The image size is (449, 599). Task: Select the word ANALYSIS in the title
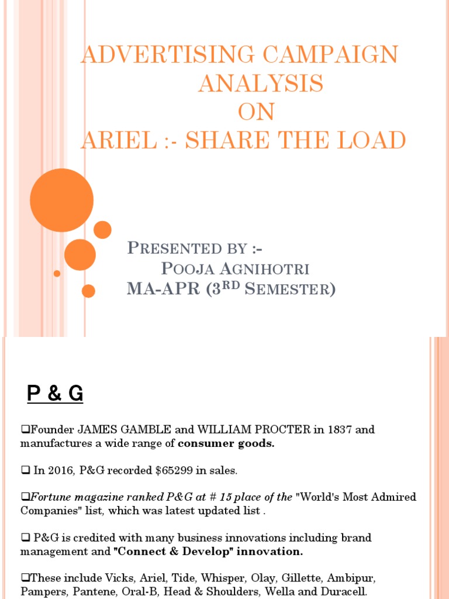pyautogui.click(x=260, y=84)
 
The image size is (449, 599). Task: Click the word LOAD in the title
pyautogui.click(x=371, y=140)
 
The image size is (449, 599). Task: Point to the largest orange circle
pyautogui.click(x=61, y=200)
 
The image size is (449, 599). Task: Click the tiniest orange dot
pyautogui.click(x=57, y=273)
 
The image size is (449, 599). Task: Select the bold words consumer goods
pyautogui.click(x=226, y=443)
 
